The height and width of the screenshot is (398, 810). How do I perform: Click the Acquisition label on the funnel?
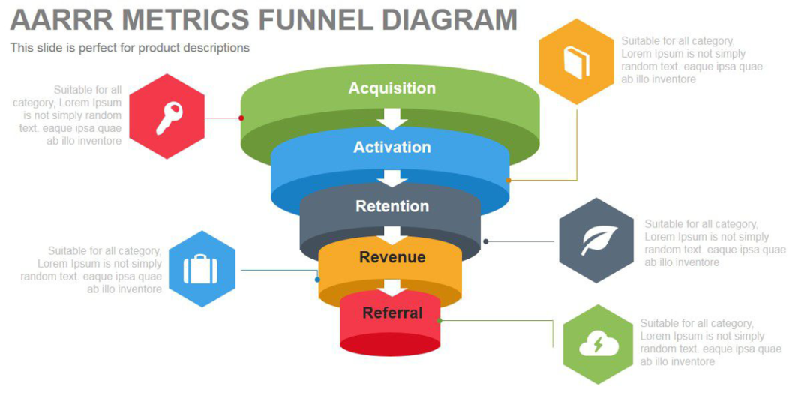[x=391, y=88]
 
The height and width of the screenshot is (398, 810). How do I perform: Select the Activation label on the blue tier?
[x=391, y=147]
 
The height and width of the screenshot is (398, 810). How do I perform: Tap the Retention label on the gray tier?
[x=392, y=206]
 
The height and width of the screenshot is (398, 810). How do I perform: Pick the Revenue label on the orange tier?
[x=392, y=257]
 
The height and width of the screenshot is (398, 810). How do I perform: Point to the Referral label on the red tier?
[x=392, y=313]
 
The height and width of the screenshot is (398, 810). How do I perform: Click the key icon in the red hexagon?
[x=168, y=117]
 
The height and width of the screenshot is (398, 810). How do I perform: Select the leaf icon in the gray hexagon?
[x=598, y=241]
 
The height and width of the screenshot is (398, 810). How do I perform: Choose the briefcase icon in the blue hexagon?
[x=199, y=269]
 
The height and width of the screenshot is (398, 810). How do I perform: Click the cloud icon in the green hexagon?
[x=598, y=345]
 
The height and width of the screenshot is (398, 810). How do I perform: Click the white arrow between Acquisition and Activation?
[x=391, y=118]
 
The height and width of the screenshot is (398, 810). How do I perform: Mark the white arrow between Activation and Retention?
[x=391, y=178]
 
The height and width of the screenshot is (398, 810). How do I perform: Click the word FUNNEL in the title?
[x=314, y=19]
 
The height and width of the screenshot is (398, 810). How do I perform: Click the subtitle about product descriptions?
[x=130, y=48]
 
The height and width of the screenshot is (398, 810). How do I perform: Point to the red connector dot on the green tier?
[x=241, y=118]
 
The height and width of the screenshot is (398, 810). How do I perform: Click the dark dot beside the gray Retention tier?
[x=486, y=241]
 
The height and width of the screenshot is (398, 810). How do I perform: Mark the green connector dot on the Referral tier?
[x=439, y=320]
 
